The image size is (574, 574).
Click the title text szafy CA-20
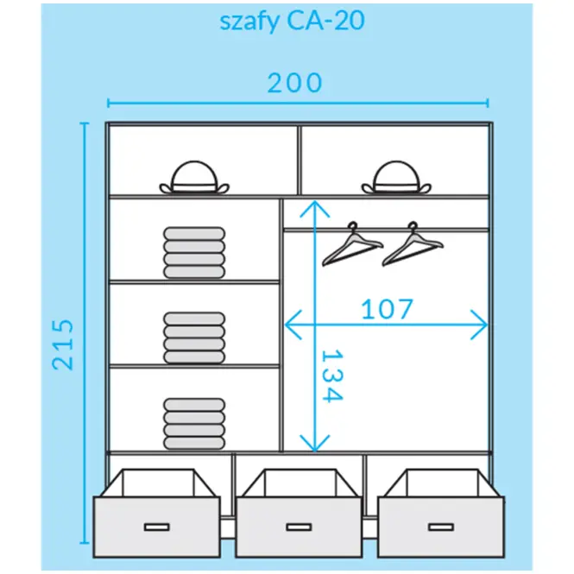click(292, 21)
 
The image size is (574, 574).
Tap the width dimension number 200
click(294, 83)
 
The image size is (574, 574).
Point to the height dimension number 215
click(63, 344)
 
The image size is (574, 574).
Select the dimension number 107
click(387, 309)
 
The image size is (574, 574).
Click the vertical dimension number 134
click(332, 376)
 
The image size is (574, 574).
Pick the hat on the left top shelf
click(194, 177)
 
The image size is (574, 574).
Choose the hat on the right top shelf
click(396, 177)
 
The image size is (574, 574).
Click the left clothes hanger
click(352, 244)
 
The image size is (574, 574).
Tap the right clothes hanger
click(413, 244)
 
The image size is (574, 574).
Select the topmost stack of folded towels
click(194, 253)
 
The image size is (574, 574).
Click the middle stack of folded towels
click(194, 337)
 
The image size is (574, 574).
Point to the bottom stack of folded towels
click(194, 424)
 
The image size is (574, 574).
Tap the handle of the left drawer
click(157, 527)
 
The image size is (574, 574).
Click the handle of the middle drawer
click(299, 527)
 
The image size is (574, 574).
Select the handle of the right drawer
click(441, 527)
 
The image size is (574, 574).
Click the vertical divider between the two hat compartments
click(299, 161)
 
